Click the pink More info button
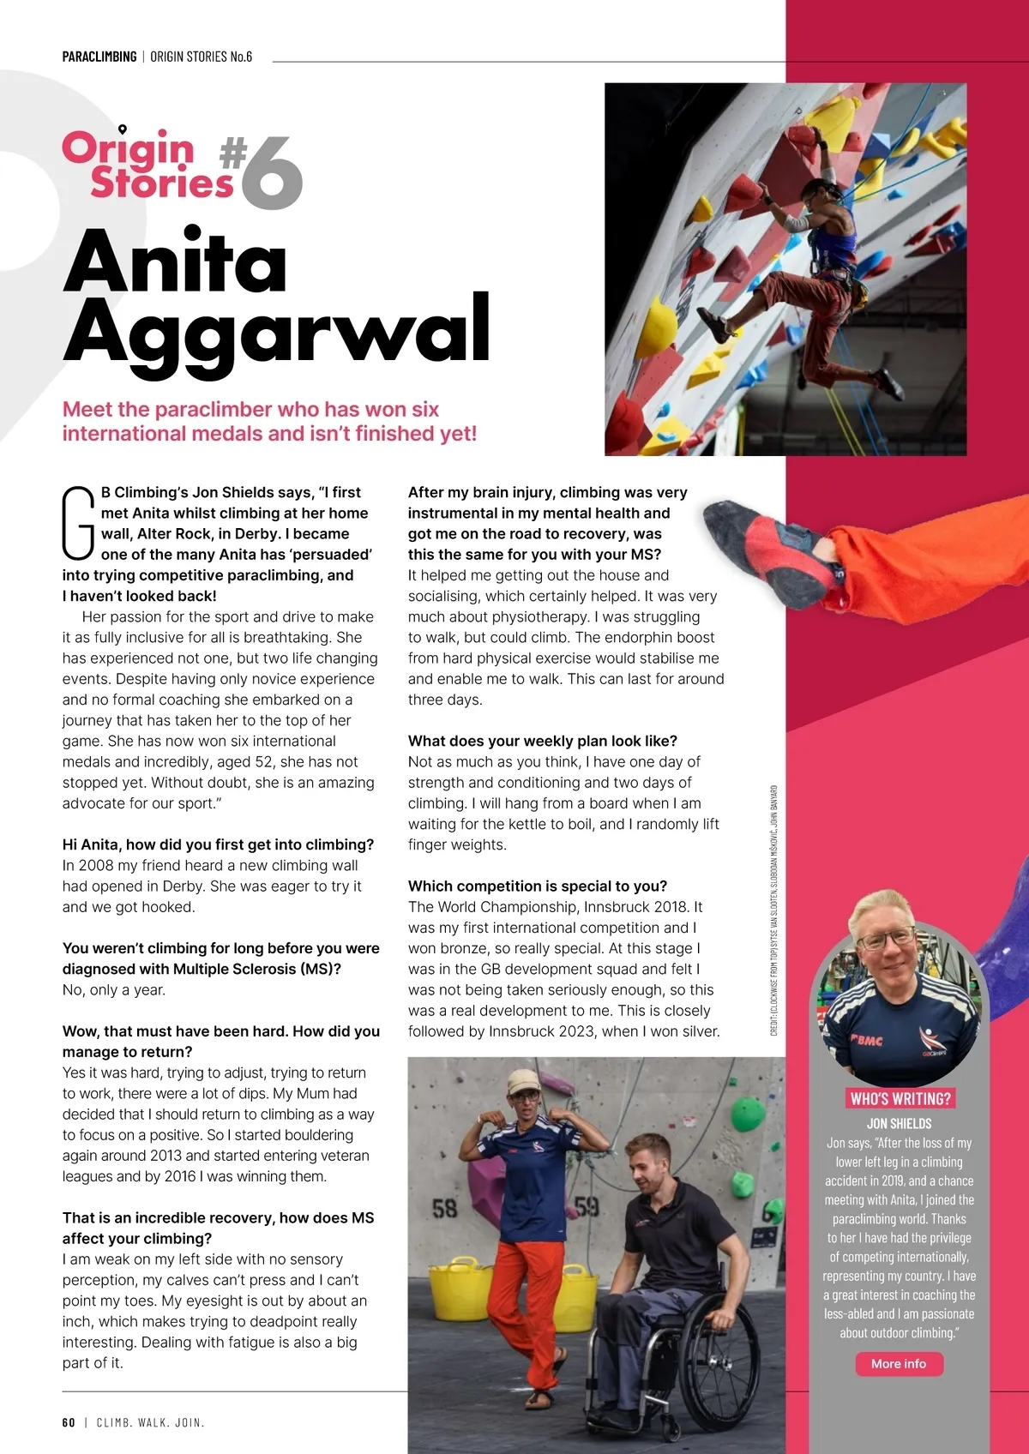[x=899, y=1364]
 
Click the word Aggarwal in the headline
[x=276, y=330]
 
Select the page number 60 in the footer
[x=69, y=1422]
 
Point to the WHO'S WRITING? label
[x=900, y=1099]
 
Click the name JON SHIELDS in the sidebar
[x=899, y=1123]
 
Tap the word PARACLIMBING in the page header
[x=99, y=57]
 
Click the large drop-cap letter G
[x=78, y=522]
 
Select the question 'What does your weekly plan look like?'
[x=543, y=741]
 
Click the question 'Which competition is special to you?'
[x=538, y=886]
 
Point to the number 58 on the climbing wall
[x=444, y=1209]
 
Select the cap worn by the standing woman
[x=524, y=1082]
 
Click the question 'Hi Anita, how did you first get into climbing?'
[x=218, y=844]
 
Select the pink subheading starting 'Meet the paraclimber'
[x=268, y=421]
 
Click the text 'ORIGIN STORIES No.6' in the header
[x=202, y=57]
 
